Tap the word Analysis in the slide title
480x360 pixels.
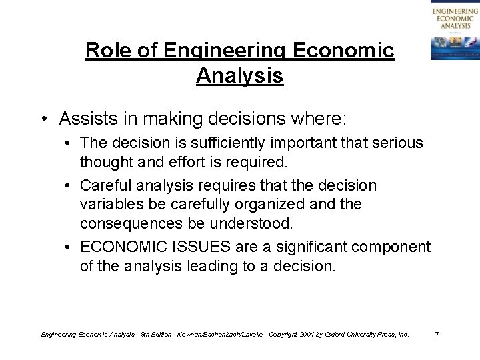[240, 75]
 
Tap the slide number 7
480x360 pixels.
[436, 333]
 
